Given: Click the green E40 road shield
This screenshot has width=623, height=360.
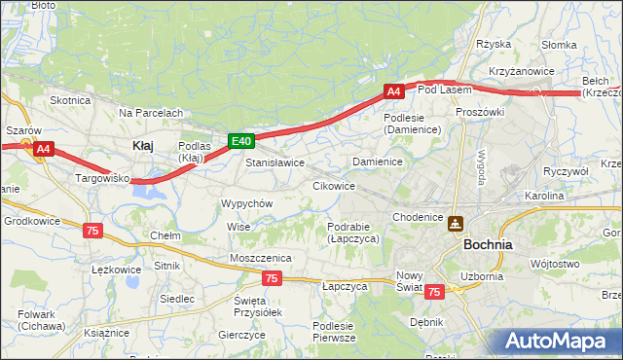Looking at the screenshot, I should [242, 141].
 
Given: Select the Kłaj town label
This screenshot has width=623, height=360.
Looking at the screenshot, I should [142, 145].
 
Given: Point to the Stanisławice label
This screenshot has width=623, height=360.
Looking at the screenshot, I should [275, 162].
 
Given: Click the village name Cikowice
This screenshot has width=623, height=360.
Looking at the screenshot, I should [333, 185].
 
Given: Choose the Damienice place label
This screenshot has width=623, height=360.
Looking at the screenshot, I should [378, 161].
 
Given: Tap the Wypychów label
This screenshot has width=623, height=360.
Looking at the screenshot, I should [246, 203].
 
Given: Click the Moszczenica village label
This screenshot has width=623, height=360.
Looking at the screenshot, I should [261, 257].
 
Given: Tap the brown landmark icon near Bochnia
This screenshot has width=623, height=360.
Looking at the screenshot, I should [455, 223].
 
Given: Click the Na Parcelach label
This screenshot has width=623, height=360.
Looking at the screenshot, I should [151, 113].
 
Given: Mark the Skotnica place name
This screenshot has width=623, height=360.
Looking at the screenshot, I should [70, 100].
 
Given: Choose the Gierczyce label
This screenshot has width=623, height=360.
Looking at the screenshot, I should [242, 334].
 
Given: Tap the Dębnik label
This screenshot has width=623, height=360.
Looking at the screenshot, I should [426, 321].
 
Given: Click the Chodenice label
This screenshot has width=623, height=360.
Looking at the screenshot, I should [417, 216].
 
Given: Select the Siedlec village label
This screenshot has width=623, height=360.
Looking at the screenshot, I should [177, 299].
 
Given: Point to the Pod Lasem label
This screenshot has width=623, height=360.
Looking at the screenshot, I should [444, 90].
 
